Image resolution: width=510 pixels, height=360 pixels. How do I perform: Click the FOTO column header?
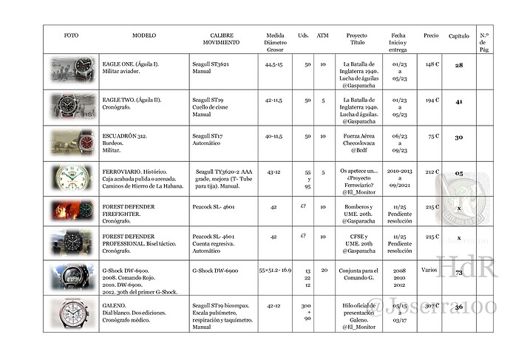click(x=71, y=35)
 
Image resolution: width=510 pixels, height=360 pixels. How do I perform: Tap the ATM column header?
click(x=323, y=35)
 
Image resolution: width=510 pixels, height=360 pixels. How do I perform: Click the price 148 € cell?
click(x=432, y=64)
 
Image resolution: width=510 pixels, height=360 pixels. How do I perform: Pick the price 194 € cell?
click(x=432, y=100)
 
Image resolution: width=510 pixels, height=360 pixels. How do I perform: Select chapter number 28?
click(x=458, y=66)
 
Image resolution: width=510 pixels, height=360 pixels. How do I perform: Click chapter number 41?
click(x=458, y=101)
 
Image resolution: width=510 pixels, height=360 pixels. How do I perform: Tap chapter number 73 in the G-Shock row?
click(x=458, y=273)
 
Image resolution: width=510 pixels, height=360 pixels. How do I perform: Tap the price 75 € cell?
click(x=432, y=136)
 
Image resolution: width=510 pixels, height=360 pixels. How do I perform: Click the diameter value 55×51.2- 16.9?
click(x=276, y=271)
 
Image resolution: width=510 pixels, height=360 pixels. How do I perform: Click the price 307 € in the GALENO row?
click(x=432, y=306)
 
